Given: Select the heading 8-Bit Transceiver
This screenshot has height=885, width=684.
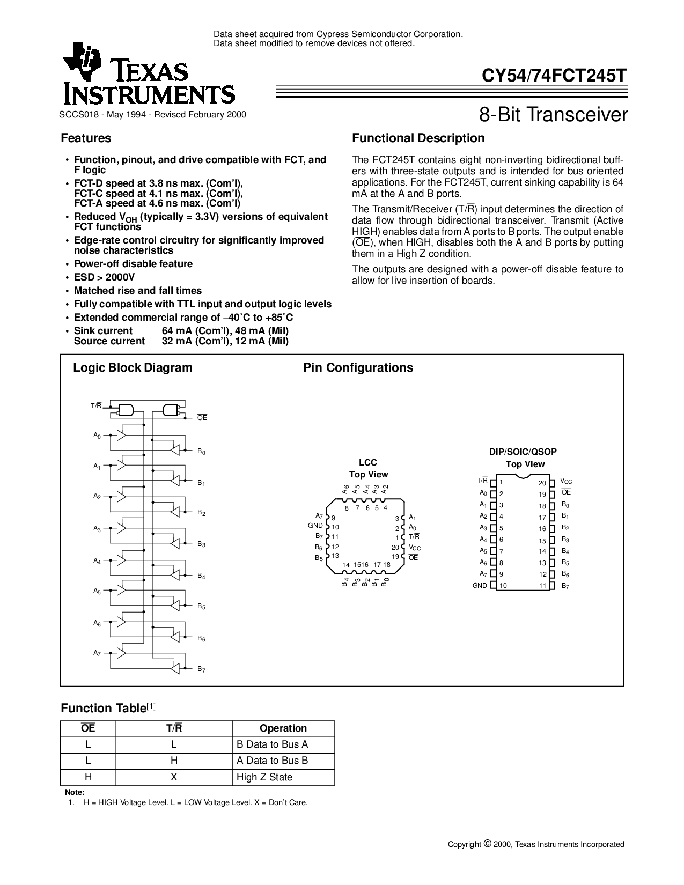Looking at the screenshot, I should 553,115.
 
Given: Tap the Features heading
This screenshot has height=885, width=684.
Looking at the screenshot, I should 86,138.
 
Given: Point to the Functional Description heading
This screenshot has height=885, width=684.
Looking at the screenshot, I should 418,138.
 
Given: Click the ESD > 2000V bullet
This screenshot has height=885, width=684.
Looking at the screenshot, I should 104,277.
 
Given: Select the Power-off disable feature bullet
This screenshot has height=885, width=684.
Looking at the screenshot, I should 133,264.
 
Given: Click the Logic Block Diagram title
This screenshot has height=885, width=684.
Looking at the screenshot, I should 133,368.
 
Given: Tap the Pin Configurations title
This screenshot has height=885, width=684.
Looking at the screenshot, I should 358,368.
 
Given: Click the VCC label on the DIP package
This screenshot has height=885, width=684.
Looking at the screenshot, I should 565,482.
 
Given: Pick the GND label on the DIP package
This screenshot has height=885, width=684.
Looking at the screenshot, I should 480,586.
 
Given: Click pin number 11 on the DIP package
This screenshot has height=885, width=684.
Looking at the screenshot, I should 542,586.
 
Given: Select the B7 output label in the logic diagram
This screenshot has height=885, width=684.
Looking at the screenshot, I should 201,669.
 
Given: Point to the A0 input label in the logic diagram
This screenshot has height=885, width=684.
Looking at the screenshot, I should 97,436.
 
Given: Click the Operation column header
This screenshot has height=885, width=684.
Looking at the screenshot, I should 283,728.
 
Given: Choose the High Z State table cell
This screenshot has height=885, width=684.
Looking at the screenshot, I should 264,777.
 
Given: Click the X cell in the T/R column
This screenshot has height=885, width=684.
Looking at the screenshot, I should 174,777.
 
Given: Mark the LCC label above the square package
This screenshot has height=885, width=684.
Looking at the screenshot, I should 368,463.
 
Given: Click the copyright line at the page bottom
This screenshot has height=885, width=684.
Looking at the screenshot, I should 536,844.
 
